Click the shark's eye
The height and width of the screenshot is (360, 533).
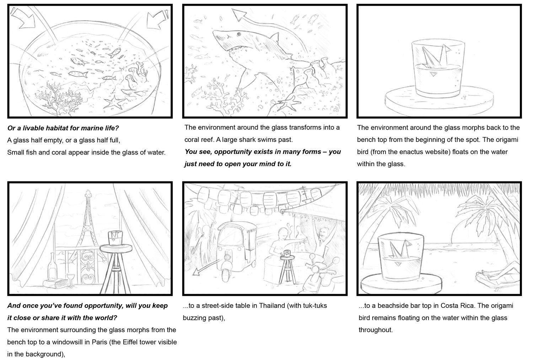coord(239,34)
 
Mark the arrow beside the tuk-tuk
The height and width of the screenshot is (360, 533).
coord(206,267)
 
